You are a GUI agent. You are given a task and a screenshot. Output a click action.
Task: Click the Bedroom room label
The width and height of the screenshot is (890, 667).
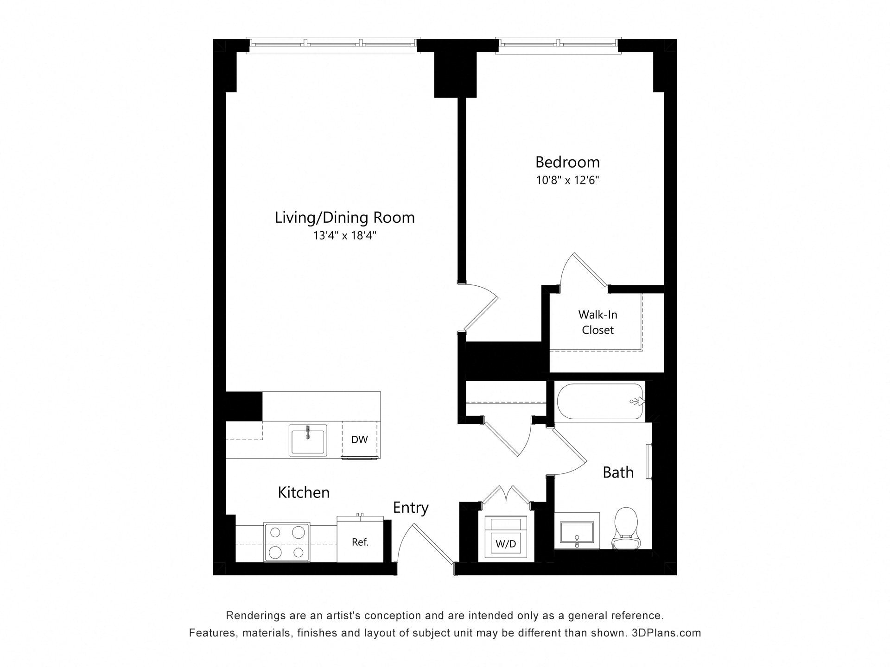point(567,162)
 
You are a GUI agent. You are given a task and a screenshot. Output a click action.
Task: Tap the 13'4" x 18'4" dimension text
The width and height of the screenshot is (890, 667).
point(344,236)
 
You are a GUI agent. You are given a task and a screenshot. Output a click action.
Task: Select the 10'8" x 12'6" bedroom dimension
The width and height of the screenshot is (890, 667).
point(567,180)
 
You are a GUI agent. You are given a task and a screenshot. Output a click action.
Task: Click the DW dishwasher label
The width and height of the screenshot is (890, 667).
point(359,440)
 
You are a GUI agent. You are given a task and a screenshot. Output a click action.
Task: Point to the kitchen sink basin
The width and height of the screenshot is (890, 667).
point(308,440)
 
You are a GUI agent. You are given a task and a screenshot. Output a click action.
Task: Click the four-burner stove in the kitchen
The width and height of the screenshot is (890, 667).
point(286,542)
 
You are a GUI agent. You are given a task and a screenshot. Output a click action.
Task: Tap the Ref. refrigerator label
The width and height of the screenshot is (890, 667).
point(360,542)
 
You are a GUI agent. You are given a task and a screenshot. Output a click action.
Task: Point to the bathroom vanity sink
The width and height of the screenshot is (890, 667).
point(577,533)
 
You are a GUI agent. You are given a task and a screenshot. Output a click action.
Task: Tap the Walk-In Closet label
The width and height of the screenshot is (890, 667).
point(598,322)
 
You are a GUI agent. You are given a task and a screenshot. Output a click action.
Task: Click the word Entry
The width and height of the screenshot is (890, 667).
point(410,508)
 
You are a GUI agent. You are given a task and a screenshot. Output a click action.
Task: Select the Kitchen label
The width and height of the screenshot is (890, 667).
point(304,492)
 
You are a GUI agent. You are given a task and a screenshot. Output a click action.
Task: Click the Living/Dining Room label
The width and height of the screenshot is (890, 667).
point(344,218)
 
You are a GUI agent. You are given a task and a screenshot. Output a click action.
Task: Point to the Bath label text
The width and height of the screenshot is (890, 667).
point(618,472)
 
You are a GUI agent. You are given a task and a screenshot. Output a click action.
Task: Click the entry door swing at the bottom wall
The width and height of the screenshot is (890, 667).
point(424,544)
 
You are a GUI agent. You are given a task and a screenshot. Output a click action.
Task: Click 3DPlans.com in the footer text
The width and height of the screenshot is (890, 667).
point(666,633)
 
